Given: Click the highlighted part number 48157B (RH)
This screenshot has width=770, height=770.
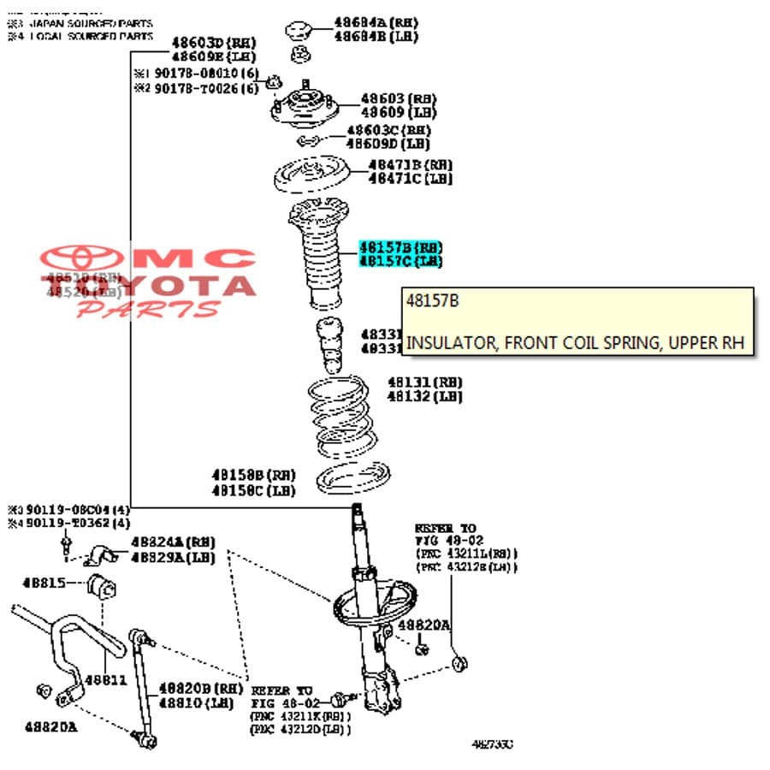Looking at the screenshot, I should pos(400,246).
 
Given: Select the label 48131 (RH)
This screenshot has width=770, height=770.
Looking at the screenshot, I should pos(424,382).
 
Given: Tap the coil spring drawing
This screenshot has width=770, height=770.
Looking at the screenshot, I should pos(340,416).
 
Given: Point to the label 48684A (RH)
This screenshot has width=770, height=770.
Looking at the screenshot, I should pos(376,22).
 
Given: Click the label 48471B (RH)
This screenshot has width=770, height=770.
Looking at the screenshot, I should pos(410,164).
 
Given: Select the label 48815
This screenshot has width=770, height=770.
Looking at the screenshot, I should pos(44,583).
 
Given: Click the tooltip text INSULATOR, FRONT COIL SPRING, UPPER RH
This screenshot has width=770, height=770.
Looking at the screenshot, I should pos(575,343).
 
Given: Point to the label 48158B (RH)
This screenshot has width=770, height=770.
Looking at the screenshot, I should pos(253,475).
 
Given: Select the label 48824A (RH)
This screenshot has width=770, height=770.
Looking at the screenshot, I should pos(173,542).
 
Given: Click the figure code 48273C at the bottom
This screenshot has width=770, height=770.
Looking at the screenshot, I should pos(492,744).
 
